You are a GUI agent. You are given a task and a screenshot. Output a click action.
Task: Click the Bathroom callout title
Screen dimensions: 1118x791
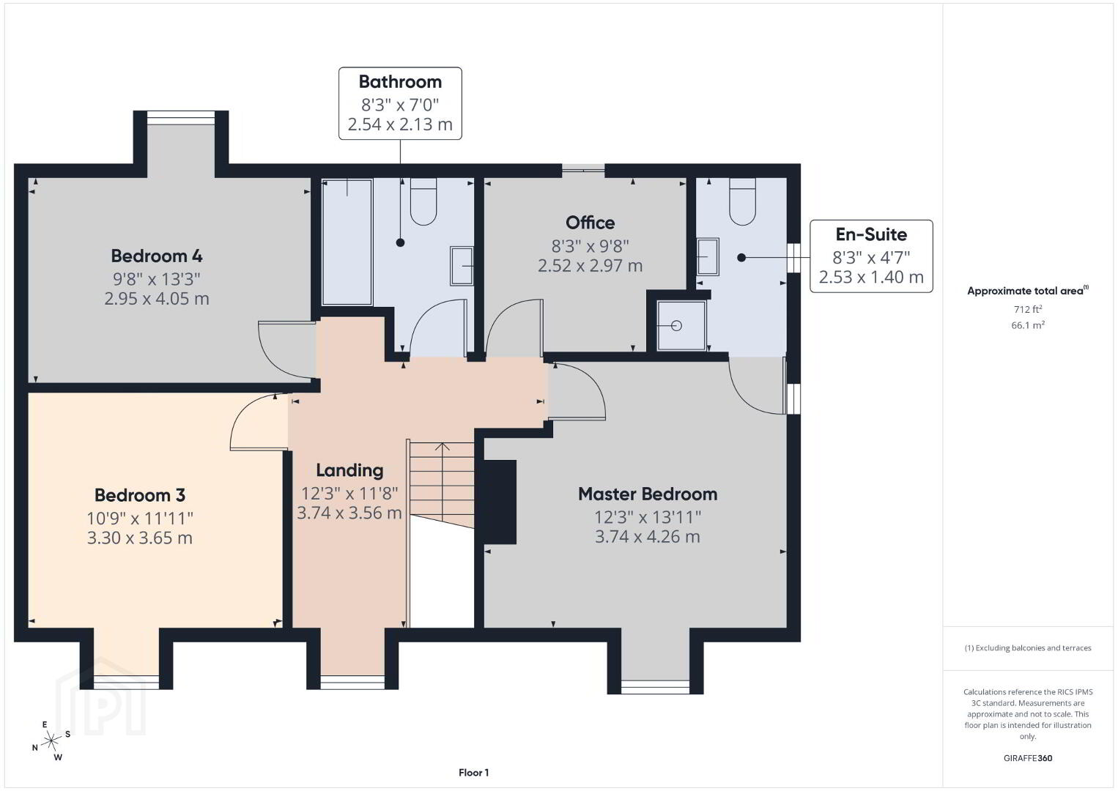(400, 82)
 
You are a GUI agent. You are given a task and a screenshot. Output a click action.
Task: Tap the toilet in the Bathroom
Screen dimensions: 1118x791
(423, 201)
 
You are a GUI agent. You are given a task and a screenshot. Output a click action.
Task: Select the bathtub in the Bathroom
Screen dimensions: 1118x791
(347, 242)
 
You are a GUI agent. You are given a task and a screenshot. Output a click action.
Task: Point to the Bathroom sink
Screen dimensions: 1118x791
(462, 266)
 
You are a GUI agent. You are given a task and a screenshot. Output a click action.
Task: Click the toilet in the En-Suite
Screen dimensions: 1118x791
(742, 201)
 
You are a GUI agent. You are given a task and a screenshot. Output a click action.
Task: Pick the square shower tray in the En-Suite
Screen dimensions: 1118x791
(681, 325)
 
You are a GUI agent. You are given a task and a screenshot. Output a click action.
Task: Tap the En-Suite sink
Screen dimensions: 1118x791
(708, 256)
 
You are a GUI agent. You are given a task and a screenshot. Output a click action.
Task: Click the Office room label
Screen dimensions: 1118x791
(590, 223)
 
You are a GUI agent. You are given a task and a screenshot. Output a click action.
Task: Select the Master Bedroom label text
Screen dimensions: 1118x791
(648, 494)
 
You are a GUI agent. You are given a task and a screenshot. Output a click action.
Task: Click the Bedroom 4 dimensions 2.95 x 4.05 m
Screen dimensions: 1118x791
(157, 298)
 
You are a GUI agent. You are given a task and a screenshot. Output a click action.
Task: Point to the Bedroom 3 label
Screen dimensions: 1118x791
(140, 495)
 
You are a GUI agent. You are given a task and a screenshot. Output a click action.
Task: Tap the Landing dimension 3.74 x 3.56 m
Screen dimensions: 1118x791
(349, 513)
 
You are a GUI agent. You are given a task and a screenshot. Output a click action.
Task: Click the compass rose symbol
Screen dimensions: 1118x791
(51, 741)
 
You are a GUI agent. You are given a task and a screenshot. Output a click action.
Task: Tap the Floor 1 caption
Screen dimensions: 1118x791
(474, 773)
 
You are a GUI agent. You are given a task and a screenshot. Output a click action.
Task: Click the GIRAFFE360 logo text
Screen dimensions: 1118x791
(1028, 758)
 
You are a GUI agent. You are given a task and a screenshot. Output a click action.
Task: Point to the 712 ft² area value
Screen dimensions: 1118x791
(1028, 309)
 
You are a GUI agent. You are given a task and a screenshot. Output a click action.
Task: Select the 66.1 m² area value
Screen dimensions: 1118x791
(1028, 325)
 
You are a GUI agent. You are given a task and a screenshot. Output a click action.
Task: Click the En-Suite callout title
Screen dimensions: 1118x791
(871, 234)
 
